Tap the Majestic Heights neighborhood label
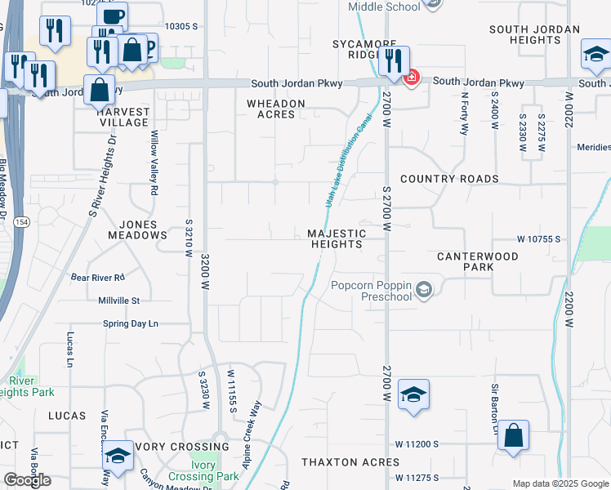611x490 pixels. pyautogui.click(x=335, y=238)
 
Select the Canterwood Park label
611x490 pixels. pyautogui.click(x=478, y=261)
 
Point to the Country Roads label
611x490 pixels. pyautogui.click(x=449, y=179)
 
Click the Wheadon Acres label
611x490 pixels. pyautogui.click(x=276, y=109)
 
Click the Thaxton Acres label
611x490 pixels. pyautogui.click(x=350, y=462)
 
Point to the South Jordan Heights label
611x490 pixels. pyautogui.click(x=535, y=34)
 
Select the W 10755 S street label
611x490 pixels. pyautogui.click(x=539, y=239)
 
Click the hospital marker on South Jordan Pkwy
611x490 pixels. pyautogui.click(x=412, y=78)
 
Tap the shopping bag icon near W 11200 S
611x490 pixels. pyautogui.click(x=514, y=436)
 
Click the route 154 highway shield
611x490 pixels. pyautogui.click(x=21, y=222)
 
